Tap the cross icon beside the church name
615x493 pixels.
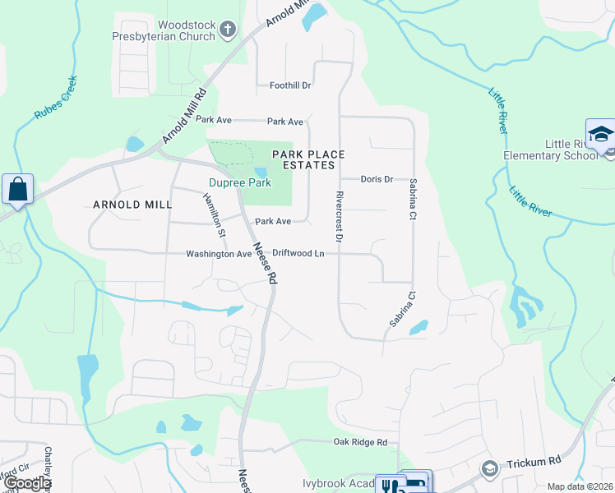[228, 31]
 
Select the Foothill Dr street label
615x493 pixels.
[290, 85]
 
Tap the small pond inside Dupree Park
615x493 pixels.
[261, 173]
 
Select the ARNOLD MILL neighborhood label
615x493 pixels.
[132, 204]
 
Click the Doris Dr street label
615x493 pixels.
[377, 179]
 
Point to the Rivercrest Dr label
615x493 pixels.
[338, 216]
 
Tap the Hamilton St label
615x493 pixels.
[215, 216]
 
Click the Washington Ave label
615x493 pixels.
[219, 255]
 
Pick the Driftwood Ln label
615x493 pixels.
[298, 254]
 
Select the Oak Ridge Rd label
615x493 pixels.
[360, 443]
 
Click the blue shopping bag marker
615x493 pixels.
[17, 189]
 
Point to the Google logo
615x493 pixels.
[26, 484]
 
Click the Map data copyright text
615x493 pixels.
[580, 486]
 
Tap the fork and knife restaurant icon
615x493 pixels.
[386, 485]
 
